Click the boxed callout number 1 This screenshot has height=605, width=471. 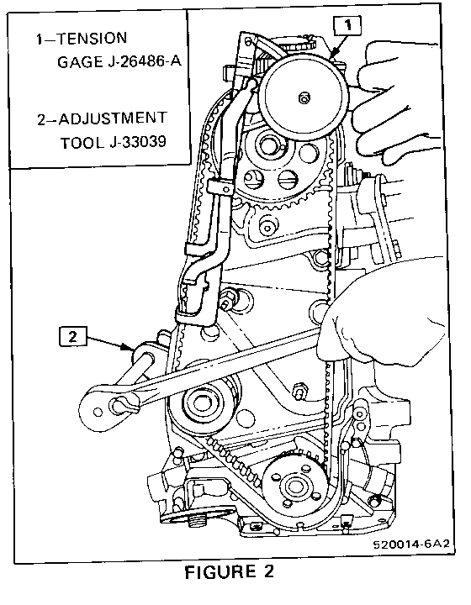(348, 25)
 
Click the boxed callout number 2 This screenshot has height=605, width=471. (73, 336)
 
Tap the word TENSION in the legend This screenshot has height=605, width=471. (92, 38)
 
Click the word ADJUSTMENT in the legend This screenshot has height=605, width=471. (113, 118)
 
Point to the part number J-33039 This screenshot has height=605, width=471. (137, 142)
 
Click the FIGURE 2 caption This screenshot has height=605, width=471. (230, 571)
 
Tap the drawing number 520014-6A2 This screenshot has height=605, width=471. (411, 544)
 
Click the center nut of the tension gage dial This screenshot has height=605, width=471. (304, 98)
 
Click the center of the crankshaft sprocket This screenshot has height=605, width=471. (294, 486)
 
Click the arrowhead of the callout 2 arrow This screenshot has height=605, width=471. (130, 348)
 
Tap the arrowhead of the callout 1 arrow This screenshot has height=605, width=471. (333, 55)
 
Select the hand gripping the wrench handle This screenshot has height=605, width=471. (382, 324)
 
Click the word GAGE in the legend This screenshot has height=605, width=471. (80, 62)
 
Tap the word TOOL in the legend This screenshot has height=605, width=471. (82, 143)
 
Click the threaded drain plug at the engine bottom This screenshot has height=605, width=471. (197, 521)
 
